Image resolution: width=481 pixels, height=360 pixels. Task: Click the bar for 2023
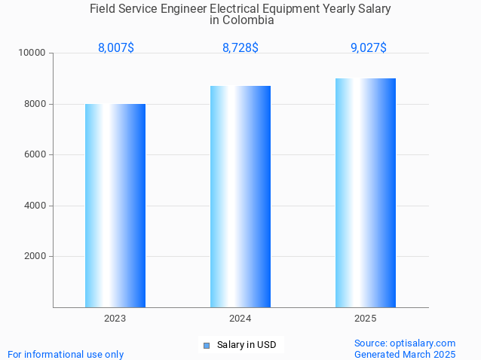point(115,206)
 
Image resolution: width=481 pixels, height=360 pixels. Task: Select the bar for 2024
point(240,197)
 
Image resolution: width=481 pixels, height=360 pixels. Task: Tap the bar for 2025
point(366,193)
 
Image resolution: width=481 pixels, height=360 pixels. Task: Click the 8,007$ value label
point(116,47)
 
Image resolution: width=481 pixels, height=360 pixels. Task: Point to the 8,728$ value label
point(240,47)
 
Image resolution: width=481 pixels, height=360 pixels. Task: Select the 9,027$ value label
point(369,47)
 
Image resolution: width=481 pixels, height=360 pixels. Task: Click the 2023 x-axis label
point(115,319)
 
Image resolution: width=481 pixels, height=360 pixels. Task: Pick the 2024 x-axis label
point(240,319)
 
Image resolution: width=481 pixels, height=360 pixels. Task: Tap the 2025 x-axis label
point(366,319)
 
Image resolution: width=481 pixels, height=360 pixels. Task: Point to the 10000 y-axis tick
point(32,53)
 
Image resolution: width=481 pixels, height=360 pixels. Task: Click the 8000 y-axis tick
point(35,104)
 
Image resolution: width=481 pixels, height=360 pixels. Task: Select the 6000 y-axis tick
point(35,154)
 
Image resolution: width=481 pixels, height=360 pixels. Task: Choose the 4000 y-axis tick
point(35,206)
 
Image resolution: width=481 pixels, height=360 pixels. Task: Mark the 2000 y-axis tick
point(35,256)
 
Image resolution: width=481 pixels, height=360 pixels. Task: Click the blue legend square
point(207,346)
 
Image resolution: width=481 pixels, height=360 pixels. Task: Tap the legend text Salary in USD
point(247,345)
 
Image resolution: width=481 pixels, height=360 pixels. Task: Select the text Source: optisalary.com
point(405,343)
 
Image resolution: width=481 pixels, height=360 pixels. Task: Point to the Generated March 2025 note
point(405,354)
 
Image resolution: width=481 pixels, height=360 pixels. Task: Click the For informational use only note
point(66,354)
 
